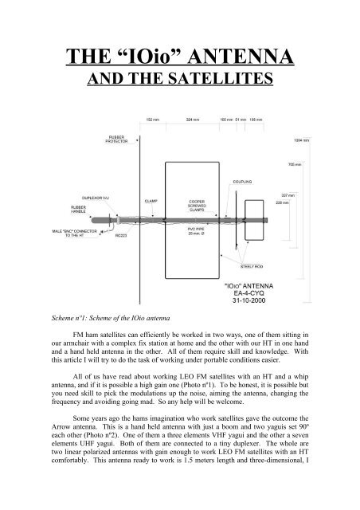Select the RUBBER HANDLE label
pos(72,209)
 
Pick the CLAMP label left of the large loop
pos(151,199)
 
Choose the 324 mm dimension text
pos(191,120)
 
